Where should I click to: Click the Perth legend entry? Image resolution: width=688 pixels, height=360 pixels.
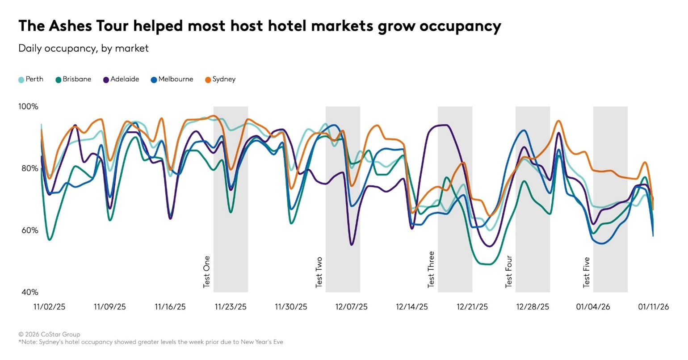31,80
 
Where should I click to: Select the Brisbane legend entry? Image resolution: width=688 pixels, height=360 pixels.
73,80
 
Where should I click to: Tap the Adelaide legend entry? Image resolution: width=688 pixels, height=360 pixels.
121,80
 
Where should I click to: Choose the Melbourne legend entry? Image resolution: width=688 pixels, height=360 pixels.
172,80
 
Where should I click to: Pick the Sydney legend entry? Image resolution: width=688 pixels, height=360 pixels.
220,80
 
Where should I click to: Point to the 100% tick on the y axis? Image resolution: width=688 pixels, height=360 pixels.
28,107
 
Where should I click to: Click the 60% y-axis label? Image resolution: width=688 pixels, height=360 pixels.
28,230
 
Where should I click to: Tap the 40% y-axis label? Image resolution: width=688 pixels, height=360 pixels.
28,292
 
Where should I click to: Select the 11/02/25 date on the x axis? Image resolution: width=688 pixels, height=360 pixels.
50,307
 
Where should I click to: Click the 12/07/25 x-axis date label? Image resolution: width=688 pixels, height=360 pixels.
352,307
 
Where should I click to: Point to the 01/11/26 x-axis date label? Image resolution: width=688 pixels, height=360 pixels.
653,307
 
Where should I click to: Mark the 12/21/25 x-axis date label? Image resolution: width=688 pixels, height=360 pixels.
472,307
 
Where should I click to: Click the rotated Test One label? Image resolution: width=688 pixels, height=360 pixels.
207,272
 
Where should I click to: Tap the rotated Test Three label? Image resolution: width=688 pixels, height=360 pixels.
431,269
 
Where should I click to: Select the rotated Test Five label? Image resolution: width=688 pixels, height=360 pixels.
587,272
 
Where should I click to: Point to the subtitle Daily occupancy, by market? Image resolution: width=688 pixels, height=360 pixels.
83,48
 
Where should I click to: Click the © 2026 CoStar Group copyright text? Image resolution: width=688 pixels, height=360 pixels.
49,334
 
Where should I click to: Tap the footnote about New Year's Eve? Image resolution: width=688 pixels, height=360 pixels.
151,342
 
